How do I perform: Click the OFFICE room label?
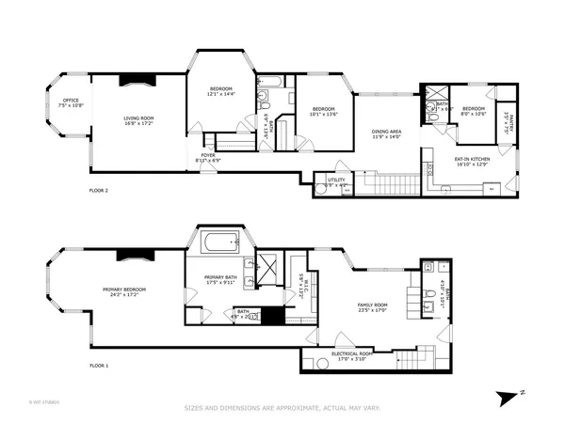pos(70,102)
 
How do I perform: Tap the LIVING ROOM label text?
pos(138,119)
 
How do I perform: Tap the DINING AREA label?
pos(386,133)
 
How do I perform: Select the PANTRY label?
pos(506,120)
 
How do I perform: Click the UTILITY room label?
pos(336,180)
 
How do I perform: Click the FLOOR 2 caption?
pos(99,191)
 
